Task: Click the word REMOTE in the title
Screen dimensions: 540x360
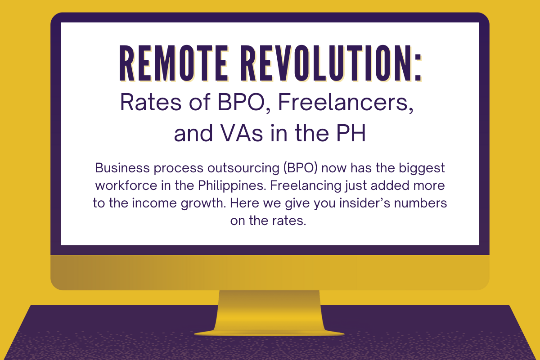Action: pyautogui.click(x=173, y=63)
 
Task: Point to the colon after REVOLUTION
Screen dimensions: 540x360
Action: pyautogui.click(x=418, y=68)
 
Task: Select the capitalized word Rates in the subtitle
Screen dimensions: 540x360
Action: pyautogui.click(x=151, y=103)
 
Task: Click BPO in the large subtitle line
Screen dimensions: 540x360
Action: pyautogui.click(x=241, y=103)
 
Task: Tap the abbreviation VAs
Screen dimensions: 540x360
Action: pyautogui.click(x=242, y=133)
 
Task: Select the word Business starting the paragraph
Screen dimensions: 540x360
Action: pyautogui.click(x=122, y=168)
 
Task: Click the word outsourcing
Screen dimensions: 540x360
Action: pyautogui.click(x=243, y=168)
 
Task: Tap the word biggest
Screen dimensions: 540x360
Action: pyautogui.click(x=422, y=168)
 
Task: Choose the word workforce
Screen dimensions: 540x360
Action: pyautogui.click(x=126, y=185)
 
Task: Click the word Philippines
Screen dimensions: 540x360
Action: pyautogui.click(x=232, y=186)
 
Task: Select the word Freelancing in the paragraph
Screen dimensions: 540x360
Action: pyautogui.click(x=306, y=186)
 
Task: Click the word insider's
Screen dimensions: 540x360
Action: pyautogui.click(x=365, y=203)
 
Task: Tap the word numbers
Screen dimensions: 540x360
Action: pyautogui.click(x=420, y=203)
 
